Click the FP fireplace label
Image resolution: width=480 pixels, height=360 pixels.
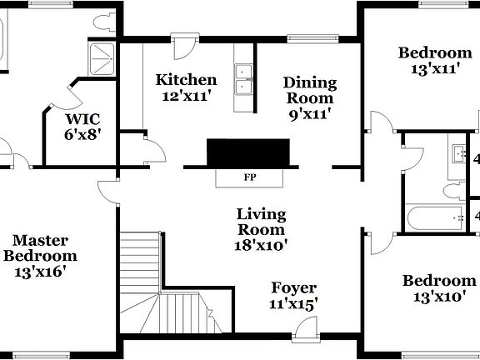[249, 177]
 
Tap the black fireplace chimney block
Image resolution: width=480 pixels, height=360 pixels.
[249, 152]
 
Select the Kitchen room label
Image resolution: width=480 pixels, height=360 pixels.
[187, 81]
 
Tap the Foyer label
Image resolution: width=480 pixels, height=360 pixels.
[293, 288]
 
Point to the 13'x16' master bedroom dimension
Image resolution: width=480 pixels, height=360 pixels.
[40, 271]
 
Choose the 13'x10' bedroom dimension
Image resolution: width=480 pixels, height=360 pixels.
[439, 296]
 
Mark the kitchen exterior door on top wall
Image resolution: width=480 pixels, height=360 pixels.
[183, 42]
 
